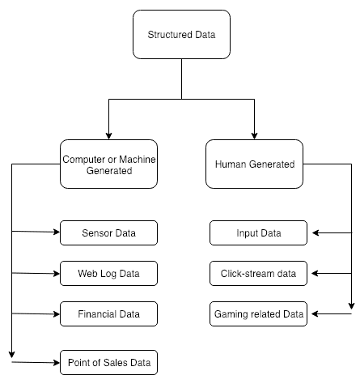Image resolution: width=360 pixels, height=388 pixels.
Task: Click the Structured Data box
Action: coord(181,35)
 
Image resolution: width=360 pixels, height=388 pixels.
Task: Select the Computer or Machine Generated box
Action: coord(108,164)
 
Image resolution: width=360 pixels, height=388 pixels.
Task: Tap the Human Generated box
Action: coord(254,164)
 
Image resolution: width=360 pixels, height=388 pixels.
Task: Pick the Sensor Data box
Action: coord(108,232)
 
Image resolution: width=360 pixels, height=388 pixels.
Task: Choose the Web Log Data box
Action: coord(108,273)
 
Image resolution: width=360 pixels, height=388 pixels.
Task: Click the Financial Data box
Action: coord(108,313)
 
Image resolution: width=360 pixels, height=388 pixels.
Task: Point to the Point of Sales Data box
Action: coord(108,362)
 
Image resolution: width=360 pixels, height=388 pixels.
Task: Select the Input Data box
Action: coord(258,232)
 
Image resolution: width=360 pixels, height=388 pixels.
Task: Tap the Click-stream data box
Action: coord(258,273)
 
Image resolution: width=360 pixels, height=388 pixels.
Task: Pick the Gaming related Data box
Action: coord(258,313)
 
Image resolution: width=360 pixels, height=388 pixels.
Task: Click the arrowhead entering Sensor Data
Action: coord(57,232)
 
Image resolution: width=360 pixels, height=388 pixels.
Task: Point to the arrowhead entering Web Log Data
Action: coord(57,274)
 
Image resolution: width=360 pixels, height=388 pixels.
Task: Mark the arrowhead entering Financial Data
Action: coord(57,314)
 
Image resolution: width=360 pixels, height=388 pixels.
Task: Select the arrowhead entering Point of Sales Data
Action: coord(57,363)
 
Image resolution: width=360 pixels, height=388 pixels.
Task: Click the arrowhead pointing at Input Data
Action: coord(316,232)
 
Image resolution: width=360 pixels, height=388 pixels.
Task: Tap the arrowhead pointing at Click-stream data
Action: coord(315,274)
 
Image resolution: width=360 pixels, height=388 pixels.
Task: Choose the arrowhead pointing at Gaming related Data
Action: coord(315,313)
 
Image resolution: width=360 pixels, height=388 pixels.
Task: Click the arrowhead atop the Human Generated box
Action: coord(254,136)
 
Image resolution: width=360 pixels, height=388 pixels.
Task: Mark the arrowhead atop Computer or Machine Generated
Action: coord(108,136)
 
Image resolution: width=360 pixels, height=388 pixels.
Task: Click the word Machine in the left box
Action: coord(138,160)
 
